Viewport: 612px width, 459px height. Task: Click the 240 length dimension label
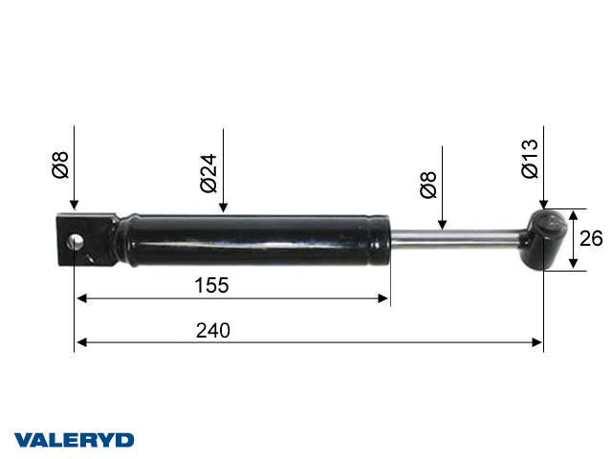pos(213,330)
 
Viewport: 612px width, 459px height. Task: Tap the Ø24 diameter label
pos(209,173)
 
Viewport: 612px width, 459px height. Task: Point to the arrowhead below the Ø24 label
pos(222,208)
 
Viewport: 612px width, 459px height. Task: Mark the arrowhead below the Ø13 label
pos(542,205)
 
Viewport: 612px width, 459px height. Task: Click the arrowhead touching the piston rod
pos(443,226)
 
